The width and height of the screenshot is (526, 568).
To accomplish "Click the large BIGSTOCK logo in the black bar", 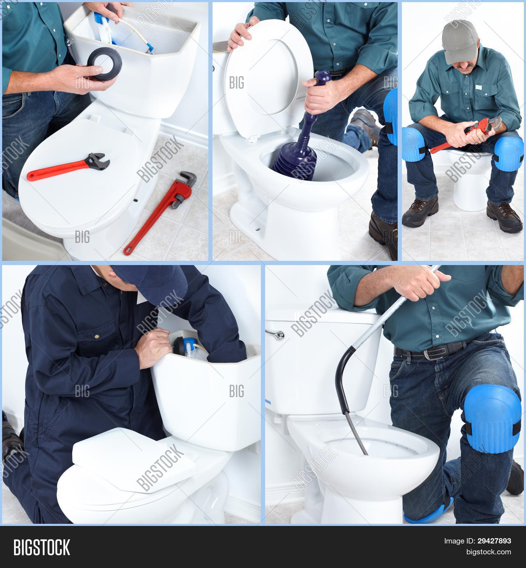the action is [42, 547].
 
